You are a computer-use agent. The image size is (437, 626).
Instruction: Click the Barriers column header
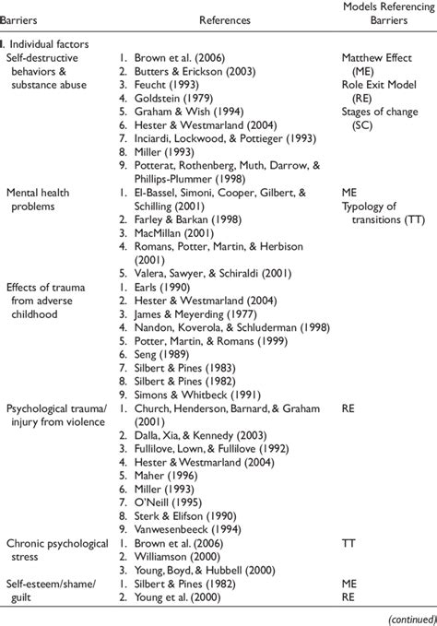click(25, 18)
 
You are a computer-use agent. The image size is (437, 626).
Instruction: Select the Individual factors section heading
click(47, 43)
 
